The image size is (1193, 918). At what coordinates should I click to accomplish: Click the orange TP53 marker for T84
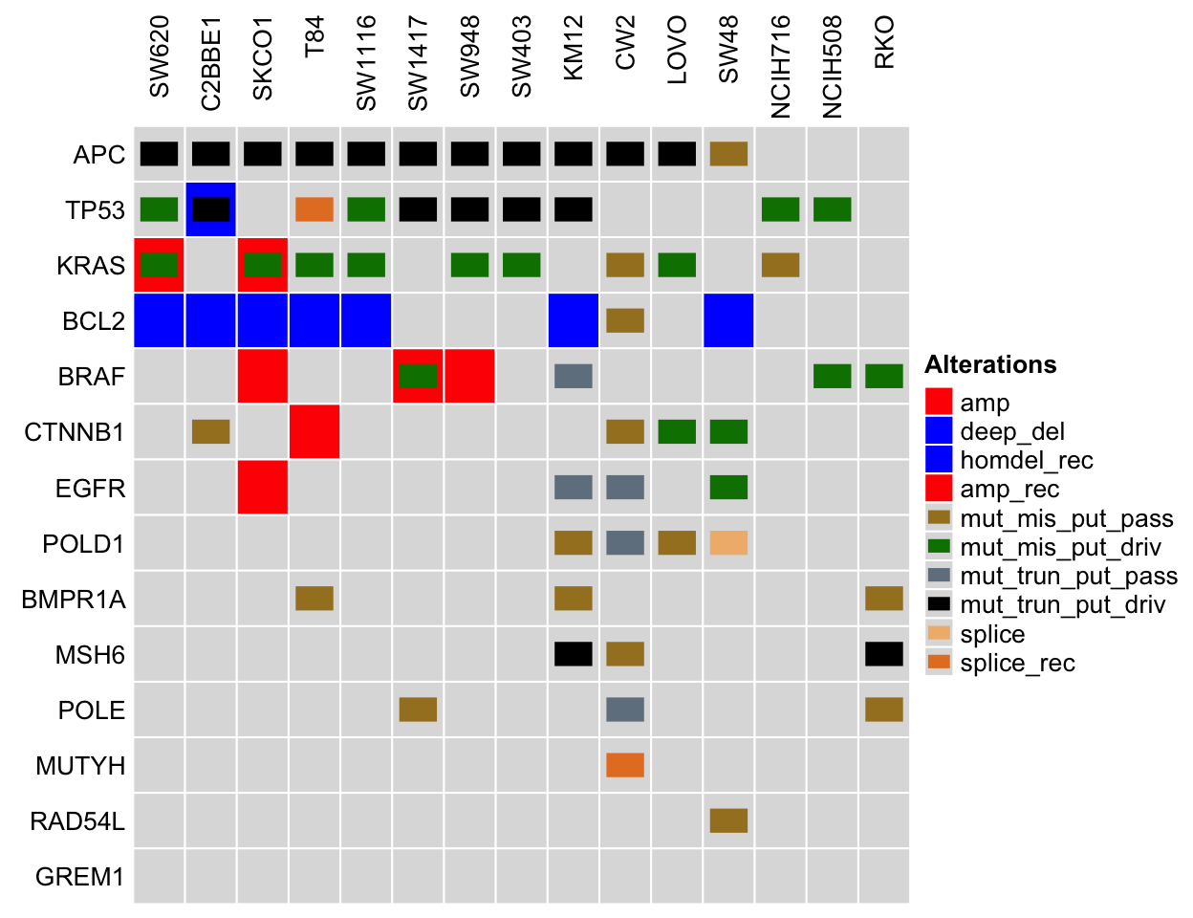point(315,209)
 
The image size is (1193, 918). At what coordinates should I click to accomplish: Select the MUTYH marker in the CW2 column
point(625,765)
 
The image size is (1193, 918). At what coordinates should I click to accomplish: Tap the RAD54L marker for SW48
point(728,820)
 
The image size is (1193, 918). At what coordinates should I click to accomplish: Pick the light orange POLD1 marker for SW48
point(728,542)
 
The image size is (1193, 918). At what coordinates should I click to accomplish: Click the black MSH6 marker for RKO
point(884,654)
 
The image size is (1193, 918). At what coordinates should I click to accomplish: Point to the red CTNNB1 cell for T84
point(315,431)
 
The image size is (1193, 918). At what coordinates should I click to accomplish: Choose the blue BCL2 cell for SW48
point(728,320)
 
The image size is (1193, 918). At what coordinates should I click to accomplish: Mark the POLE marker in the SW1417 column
point(418,710)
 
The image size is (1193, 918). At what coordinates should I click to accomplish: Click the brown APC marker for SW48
point(728,154)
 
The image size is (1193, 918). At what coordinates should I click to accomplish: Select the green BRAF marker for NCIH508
point(833,376)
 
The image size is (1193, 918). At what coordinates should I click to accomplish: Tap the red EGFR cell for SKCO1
point(263,487)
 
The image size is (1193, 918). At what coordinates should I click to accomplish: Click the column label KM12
point(574,49)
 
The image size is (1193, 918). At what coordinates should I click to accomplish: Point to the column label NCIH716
point(780,67)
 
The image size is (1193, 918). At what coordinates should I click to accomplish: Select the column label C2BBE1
point(210,64)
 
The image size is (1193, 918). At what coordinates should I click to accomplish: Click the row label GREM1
point(80,877)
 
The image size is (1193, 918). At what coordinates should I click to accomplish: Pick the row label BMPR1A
point(74,600)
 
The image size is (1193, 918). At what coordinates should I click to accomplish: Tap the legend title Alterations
point(990,364)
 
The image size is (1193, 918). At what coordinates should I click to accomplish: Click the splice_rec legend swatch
point(939,662)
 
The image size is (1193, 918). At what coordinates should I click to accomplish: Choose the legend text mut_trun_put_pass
point(1069,576)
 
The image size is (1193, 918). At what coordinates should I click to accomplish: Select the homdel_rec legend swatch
point(939,460)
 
